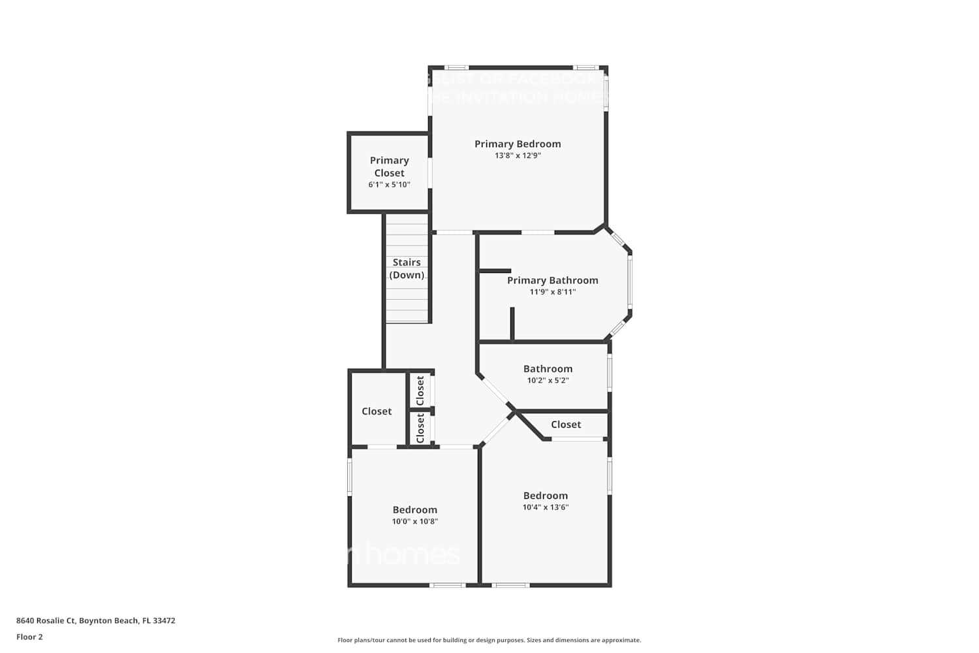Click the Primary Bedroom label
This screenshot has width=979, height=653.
click(x=518, y=144)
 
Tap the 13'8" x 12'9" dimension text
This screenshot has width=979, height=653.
click(x=518, y=155)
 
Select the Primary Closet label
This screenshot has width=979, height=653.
click(x=389, y=167)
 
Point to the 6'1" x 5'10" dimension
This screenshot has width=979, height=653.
click(x=389, y=185)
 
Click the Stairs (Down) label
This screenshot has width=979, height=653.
click(x=407, y=268)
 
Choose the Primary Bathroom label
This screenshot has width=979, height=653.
click(x=552, y=280)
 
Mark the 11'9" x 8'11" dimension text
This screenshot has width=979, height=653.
click(x=552, y=292)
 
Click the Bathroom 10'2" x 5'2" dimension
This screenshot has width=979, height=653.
click(x=548, y=380)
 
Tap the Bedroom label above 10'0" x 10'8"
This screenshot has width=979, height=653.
click(x=414, y=509)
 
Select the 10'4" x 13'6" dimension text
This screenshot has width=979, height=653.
click(x=545, y=507)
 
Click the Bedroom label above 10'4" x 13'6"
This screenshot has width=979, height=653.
click(x=545, y=495)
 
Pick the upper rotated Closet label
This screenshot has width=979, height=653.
click(x=420, y=390)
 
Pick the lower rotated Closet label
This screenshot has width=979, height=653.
click(x=420, y=428)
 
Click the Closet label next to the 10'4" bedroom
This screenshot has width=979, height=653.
click(x=565, y=424)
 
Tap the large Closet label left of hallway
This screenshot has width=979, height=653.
click(x=377, y=411)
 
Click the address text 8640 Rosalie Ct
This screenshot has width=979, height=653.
click(x=95, y=621)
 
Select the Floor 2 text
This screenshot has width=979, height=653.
click(x=29, y=637)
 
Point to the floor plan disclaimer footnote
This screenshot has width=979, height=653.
click(x=489, y=640)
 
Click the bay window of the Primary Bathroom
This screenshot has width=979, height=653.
click(x=630, y=281)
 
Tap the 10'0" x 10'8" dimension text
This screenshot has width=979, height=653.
click(x=414, y=521)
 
